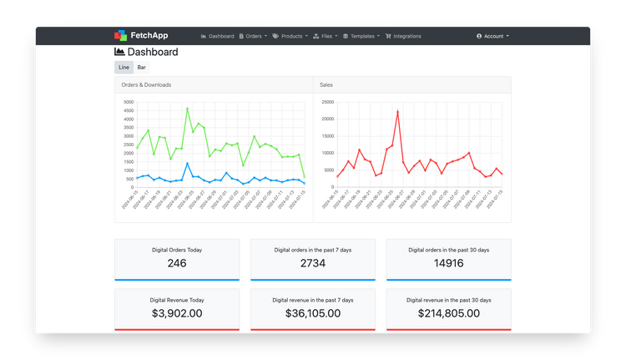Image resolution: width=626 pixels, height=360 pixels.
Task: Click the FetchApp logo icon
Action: click(x=121, y=36)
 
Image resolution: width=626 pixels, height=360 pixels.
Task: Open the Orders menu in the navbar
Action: click(x=253, y=37)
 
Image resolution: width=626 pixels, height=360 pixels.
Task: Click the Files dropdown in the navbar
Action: click(x=327, y=37)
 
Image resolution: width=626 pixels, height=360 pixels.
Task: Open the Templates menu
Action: click(x=361, y=37)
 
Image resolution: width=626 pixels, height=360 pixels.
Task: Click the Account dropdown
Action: click(x=492, y=37)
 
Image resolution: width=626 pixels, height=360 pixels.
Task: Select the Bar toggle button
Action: click(x=142, y=67)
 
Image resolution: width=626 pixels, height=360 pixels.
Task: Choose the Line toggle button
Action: click(x=124, y=67)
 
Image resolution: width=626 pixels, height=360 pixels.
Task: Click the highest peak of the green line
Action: click(x=187, y=108)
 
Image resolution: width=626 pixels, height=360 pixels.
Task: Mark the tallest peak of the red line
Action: click(x=397, y=111)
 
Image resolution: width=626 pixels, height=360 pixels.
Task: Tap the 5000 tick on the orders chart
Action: click(x=128, y=103)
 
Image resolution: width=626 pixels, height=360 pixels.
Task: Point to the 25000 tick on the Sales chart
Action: click(x=328, y=103)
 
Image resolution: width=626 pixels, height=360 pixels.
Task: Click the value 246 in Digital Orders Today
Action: click(x=177, y=264)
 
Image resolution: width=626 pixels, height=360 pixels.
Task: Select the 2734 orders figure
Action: click(x=313, y=264)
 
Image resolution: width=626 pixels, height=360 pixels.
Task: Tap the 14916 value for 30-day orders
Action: click(x=448, y=264)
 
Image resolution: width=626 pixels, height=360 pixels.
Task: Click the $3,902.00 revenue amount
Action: click(x=177, y=313)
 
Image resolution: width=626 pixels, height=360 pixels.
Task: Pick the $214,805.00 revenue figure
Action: click(x=448, y=313)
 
